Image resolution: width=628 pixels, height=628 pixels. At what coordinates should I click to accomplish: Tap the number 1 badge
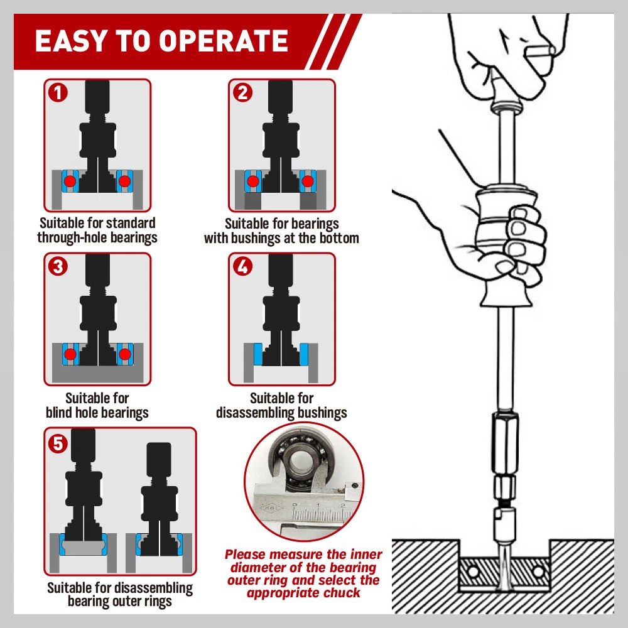[58, 93]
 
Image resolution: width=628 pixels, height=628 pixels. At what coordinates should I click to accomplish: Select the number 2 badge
[242, 93]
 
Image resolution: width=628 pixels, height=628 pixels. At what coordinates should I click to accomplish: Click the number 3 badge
[58, 267]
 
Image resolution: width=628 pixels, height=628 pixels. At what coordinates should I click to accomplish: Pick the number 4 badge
[242, 267]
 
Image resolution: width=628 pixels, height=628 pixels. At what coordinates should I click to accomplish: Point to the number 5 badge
[58, 444]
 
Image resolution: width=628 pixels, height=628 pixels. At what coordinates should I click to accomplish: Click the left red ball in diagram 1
[70, 181]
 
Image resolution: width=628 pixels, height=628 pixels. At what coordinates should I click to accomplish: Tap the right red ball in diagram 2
[307, 181]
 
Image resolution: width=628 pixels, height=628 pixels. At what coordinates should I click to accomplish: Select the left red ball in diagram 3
[70, 355]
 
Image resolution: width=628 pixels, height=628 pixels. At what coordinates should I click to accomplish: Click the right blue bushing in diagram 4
[305, 354]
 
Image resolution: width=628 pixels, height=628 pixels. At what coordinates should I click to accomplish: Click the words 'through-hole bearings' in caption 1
[97, 238]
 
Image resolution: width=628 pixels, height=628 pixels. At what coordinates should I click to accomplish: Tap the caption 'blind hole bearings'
[97, 413]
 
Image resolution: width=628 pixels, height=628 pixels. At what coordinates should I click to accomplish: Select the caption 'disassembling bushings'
[281, 413]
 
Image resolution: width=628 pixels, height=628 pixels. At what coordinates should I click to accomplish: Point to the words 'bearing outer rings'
[120, 601]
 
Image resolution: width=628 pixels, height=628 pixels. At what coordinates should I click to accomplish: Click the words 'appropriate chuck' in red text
[303, 593]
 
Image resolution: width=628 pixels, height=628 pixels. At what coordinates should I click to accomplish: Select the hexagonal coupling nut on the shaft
[504, 440]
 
